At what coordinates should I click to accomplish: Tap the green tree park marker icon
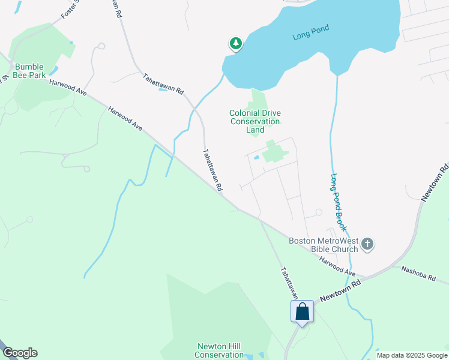click(x=236, y=44)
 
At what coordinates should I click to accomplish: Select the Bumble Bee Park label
click(x=30, y=71)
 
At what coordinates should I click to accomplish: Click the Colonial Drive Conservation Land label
click(x=255, y=121)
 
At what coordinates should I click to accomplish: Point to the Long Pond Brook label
click(x=339, y=203)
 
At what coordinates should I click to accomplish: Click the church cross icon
click(x=367, y=244)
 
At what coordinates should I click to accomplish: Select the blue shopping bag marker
click(x=302, y=312)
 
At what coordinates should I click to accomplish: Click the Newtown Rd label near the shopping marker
click(x=339, y=290)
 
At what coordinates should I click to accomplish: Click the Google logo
click(x=20, y=353)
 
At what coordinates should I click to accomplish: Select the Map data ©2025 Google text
click(x=411, y=355)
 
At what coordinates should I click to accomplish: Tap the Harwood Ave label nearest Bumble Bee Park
click(x=68, y=88)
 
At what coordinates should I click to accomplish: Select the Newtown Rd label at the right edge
click(x=434, y=181)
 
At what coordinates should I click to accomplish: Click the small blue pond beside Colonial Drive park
click(x=256, y=158)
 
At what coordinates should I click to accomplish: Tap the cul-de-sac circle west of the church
click(x=319, y=212)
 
